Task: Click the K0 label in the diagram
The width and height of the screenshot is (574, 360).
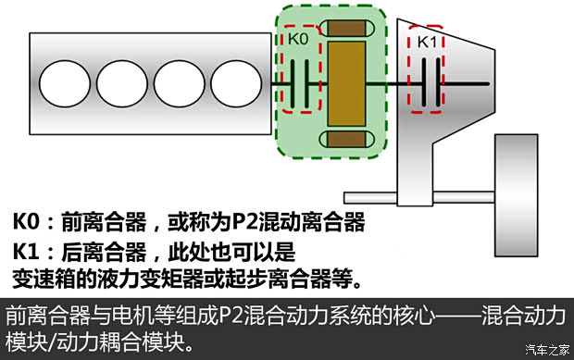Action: click(x=297, y=40)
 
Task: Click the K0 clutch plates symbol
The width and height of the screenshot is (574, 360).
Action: click(x=298, y=86)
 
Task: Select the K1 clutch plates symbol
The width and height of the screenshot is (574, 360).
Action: click(x=427, y=86)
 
